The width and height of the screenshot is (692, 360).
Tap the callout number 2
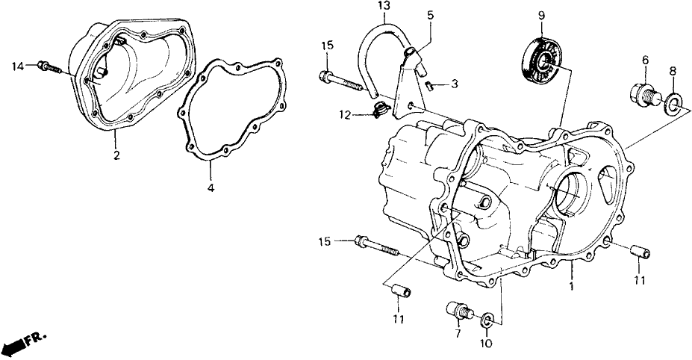point(116,155)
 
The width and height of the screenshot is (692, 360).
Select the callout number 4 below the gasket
point(211,188)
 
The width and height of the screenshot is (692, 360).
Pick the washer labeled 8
point(673,102)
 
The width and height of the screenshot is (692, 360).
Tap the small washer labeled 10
point(486,320)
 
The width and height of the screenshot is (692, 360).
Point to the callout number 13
point(383,7)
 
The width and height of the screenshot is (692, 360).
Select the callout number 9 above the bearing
point(541,13)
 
